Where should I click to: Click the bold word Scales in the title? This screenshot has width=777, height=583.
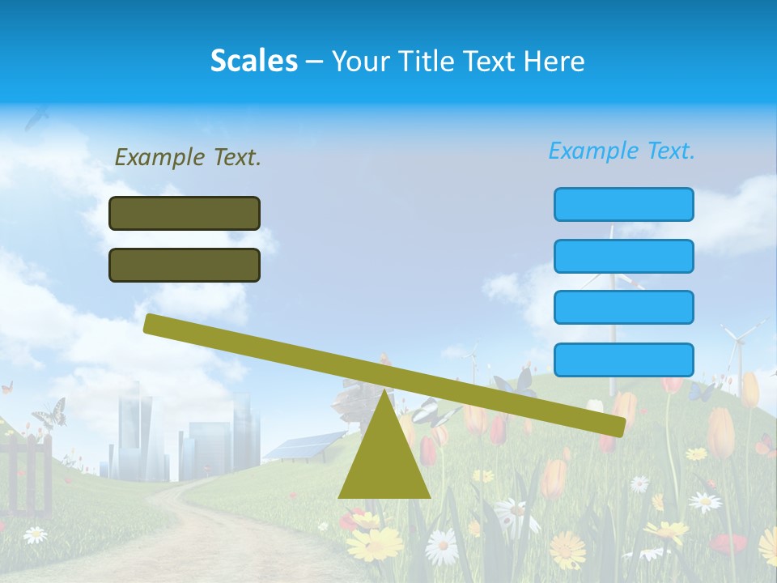253,61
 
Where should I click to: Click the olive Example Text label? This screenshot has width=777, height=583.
188,157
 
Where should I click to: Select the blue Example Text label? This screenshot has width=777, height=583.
622,151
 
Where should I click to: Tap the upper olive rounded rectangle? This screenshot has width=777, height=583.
185,213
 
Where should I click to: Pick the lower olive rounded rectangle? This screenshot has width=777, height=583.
185,265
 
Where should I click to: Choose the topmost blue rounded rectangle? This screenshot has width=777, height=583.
623,204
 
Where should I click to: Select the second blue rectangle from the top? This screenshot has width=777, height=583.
623,256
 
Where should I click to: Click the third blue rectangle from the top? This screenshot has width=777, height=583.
623,307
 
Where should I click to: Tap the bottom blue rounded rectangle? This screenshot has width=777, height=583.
623,360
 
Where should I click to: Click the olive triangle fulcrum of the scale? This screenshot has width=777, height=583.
384,462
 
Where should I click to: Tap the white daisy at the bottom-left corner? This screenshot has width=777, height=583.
35,534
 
